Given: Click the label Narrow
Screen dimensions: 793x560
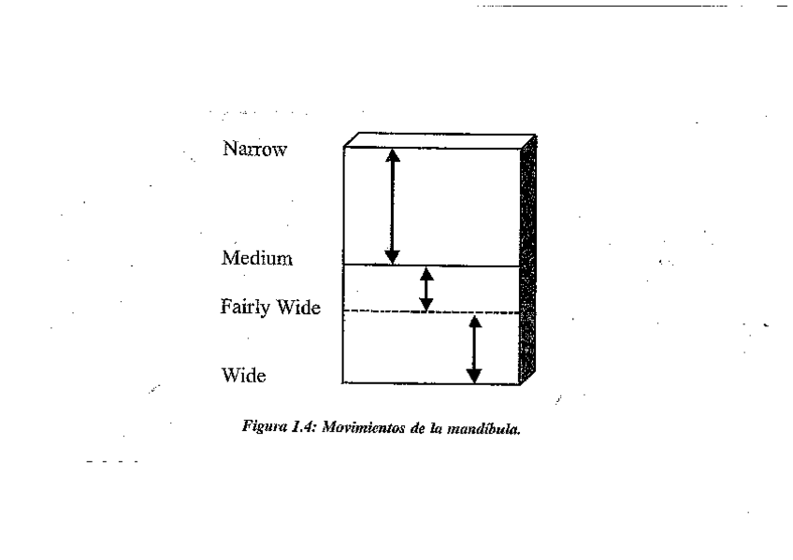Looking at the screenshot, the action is [x=253, y=150].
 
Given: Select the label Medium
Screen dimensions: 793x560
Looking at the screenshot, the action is [x=257, y=258].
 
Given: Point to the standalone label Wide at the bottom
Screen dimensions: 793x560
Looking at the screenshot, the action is [x=244, y=376].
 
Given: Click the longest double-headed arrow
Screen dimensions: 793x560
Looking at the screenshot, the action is [x=393, y=207].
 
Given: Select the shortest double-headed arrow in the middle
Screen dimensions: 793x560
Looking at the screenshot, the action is [x=426, y=289].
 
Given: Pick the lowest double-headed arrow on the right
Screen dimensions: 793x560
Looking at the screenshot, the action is [x=474, y=350].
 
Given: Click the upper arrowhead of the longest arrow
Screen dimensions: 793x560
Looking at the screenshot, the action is [x=393, y=157].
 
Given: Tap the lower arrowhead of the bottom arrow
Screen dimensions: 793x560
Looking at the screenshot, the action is [x=474, y=376].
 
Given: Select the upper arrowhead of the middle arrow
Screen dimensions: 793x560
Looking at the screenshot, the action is [x=426, y=274].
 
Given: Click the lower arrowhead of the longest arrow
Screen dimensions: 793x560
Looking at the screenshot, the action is [x=393, y=256].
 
